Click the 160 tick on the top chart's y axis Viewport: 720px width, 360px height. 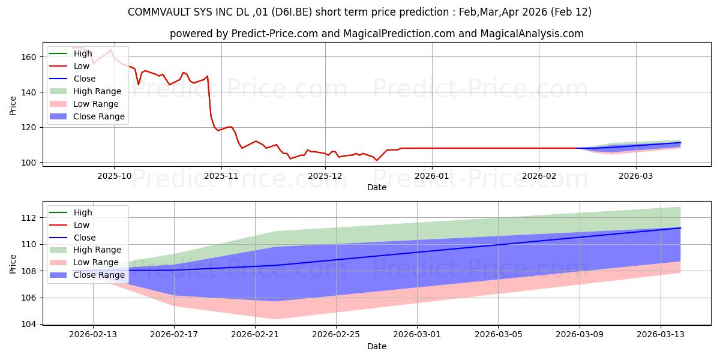(x=31, y=57)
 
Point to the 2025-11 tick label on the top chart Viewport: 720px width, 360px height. (x=221, y=176)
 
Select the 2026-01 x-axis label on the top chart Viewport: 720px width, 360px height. (x=431, y=176)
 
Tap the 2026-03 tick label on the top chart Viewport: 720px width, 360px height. (x=636, y=176)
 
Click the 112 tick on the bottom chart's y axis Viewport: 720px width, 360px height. (x=31, y=218)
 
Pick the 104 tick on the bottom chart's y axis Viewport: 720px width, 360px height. (x=31, y=325)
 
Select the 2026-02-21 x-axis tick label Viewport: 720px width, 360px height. (x=255, y=335)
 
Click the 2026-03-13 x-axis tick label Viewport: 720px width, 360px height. (x=661, y=335)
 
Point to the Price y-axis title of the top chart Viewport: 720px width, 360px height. (x=13, y=105)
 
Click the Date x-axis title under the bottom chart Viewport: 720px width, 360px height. (x=377, y=346)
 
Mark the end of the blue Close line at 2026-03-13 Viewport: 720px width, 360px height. (x=680, y=228)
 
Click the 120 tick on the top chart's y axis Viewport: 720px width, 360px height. (x=31, y=127)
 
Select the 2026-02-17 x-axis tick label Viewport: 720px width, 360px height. (x=174, y=335)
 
